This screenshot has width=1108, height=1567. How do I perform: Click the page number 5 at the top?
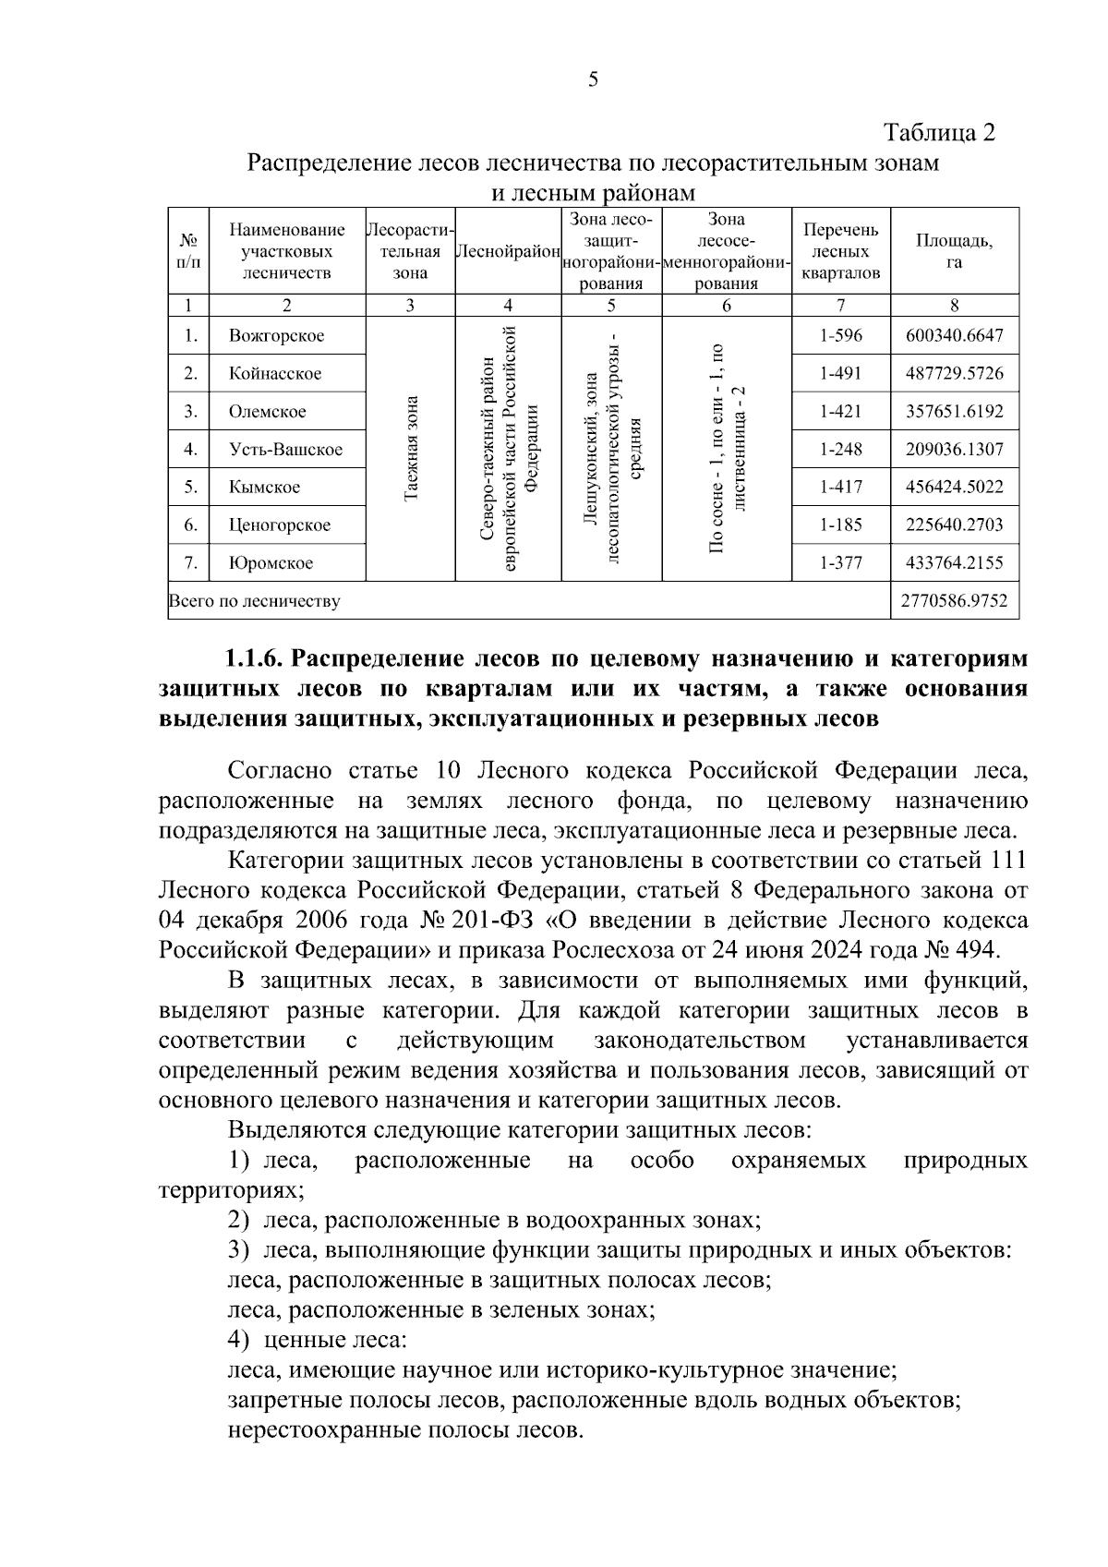[593, 79]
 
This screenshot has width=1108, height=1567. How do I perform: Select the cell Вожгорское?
[276, 336]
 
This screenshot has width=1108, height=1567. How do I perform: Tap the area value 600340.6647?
[954, 336]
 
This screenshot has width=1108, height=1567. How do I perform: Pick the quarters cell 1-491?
[840, 374]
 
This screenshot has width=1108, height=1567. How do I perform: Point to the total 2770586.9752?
[954, 601]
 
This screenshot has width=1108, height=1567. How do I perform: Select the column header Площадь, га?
[954, 251]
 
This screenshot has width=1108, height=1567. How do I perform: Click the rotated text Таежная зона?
[411, 450]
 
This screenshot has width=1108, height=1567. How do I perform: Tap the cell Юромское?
[271, 563]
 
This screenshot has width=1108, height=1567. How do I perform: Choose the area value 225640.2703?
[954, 525]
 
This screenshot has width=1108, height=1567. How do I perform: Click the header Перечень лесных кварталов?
[840, 251]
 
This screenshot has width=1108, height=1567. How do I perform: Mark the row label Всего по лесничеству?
[254, 602]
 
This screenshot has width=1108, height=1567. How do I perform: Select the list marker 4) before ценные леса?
[239, 1339]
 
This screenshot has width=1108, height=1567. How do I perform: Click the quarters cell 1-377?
[840, 563]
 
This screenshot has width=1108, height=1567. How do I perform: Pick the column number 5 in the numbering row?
[611, 307]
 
